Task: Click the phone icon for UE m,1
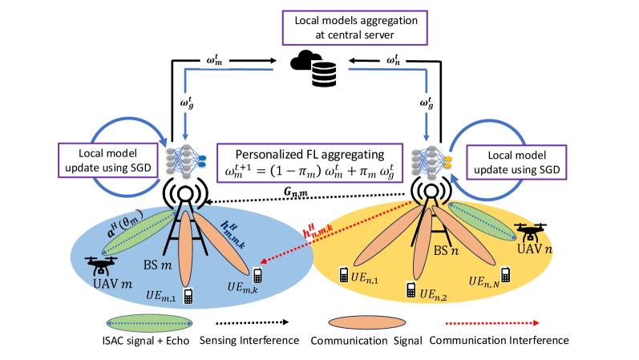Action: tap(188, 295)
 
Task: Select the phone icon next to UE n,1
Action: tap(342, 273)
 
